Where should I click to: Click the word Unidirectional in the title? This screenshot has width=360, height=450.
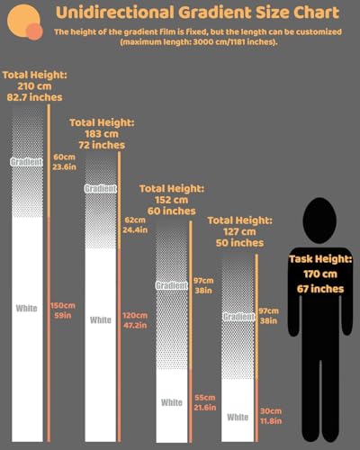[115, 13]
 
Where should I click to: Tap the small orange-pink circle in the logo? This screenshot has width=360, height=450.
[34, 31]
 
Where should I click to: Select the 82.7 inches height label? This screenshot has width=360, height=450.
[34, 97]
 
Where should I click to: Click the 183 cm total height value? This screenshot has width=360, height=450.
[102, 134]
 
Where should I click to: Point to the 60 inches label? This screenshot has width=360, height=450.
[172, 211]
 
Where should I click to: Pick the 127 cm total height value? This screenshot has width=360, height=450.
[239, 231]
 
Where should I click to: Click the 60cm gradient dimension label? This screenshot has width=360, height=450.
[64, 157]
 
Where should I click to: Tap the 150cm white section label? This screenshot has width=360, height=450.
[63, 305]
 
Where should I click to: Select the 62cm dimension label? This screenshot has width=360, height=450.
[135, 220]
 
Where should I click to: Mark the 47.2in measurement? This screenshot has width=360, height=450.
[135, 325]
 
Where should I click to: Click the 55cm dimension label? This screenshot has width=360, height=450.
[205, 398]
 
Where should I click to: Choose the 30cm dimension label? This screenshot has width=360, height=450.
[271, 411]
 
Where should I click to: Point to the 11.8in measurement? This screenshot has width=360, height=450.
[271, 421]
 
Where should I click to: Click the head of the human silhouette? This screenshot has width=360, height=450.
[319, 220]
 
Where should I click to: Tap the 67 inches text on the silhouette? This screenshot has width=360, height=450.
[320, 289]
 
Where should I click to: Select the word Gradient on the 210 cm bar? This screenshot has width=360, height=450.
[27, 162]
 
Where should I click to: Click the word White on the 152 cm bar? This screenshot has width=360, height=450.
[172, 402]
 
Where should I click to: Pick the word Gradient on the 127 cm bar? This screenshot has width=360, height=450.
[238, 317]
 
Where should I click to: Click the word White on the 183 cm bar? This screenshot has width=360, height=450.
[101, 320]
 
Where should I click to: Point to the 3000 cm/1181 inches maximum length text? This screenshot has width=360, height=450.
[234, 41]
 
